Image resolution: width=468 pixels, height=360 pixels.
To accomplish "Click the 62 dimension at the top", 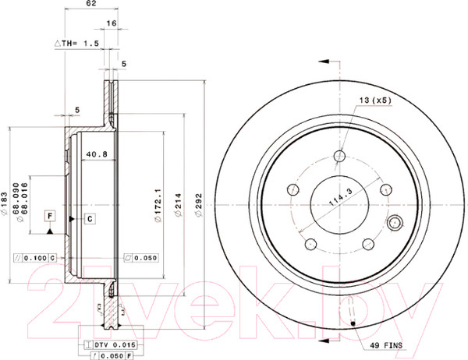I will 91,5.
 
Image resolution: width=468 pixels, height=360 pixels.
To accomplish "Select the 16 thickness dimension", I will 112,24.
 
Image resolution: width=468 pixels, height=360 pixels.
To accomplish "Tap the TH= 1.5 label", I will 78,45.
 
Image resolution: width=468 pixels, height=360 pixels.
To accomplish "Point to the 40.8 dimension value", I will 96,154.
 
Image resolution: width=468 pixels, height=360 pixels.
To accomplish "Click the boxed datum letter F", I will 49,216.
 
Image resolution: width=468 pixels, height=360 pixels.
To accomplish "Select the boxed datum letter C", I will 90,218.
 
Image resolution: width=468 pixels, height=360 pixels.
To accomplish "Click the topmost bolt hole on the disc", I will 338,156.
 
